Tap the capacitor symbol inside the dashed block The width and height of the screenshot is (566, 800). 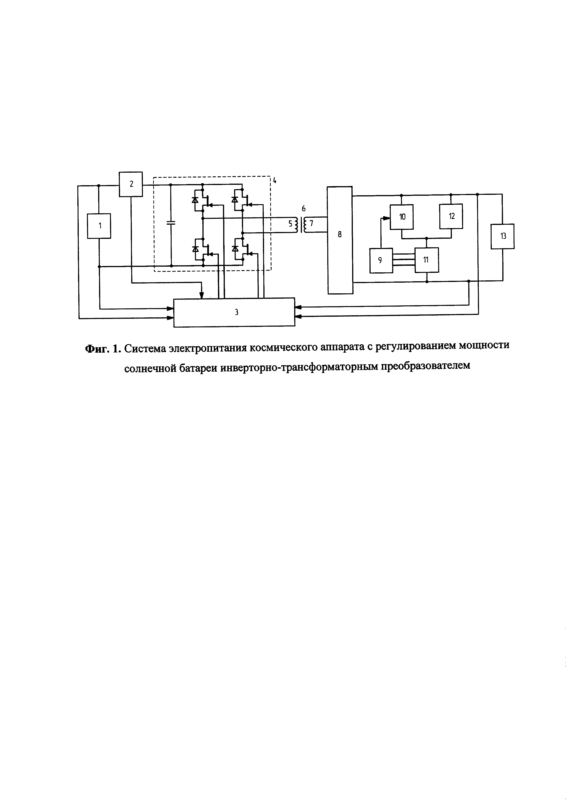tap(171, 223)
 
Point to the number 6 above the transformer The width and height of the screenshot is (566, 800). tap(304, 209)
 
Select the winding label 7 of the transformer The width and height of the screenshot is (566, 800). tap(312, 224)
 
